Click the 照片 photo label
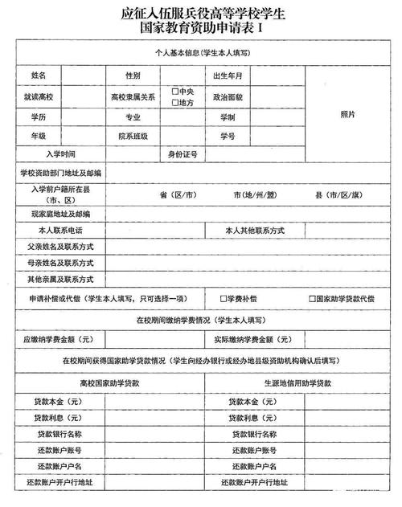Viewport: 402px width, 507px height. point(347,115)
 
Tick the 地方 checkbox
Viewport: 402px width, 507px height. point(175,102)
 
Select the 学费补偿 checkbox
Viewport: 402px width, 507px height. point(225,299)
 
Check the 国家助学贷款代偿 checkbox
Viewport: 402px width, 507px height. point(310,299)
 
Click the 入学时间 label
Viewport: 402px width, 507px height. point(61,154)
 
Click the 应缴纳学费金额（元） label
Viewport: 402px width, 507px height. point(60,340)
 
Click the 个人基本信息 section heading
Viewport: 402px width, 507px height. point(201,52)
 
